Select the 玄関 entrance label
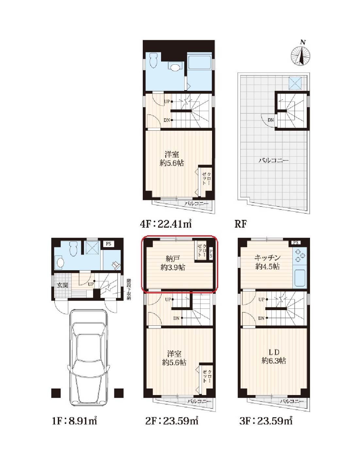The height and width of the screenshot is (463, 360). [63, 285]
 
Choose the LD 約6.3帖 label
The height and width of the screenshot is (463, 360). [274, 356]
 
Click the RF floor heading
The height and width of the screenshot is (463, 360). [240, 224]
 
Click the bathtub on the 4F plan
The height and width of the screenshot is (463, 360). [199, 61]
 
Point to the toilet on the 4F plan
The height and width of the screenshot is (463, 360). [153, 60]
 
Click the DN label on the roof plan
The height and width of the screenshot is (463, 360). [271, 120]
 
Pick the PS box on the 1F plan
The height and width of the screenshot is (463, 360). [109, 243]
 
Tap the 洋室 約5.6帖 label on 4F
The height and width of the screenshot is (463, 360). [172, 159]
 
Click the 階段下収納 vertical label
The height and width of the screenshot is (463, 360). [128, 289]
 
